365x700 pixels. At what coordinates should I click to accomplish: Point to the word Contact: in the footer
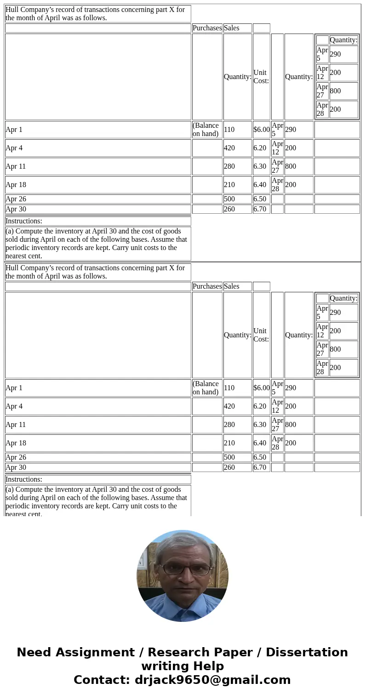tap(102, 680)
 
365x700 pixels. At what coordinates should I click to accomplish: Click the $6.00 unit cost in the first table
tap(261, 130)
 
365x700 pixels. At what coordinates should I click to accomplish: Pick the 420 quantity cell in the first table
tap(229, 148)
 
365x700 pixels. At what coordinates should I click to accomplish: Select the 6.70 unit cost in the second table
tap(260, 467)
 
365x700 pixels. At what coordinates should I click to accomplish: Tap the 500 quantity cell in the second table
tap(229, 457)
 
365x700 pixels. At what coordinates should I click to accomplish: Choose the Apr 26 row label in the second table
tap(16, 457)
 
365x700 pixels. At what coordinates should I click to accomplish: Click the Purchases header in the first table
tap(207, 28)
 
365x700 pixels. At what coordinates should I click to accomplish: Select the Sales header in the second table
tap(231, 286)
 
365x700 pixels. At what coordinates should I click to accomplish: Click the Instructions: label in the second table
tap(24, 479)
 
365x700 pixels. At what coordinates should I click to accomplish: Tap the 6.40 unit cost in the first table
tap(260, 185)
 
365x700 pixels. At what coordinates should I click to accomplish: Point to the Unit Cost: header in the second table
tap(260, 335)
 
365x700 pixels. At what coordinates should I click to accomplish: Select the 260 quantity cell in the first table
tap(229, 209)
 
